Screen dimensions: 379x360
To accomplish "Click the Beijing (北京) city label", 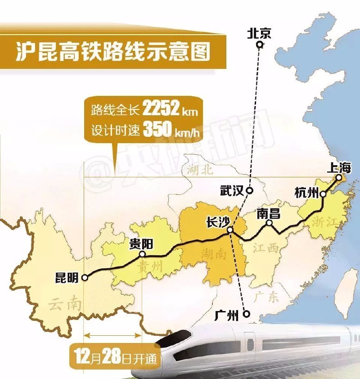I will coord(259,33).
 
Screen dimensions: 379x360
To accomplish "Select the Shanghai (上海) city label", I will coord(339,168).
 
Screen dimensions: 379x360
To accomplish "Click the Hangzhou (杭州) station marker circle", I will coord(323,194).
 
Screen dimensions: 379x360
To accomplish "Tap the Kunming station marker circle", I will coord(85,278).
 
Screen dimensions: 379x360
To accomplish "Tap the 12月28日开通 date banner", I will coord(112,356).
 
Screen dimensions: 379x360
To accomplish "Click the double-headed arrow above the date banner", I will coord(113,334).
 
